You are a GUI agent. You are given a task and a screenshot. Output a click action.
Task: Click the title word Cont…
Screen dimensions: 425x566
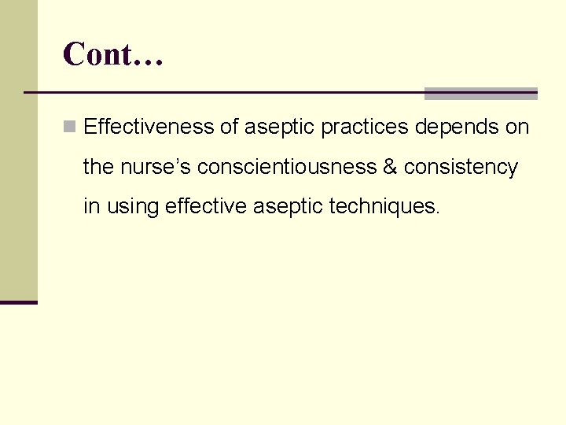pyautogui.click(x=112, y=55)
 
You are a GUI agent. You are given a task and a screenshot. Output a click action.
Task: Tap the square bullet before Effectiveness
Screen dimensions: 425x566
pyautogui.click(x=71, y=126)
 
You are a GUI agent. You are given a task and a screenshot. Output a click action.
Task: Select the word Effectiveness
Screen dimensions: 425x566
pyautogui.click(x=149, y=127)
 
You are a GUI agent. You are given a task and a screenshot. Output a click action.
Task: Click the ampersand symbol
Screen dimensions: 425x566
pyautogui.click(x=390, y=167)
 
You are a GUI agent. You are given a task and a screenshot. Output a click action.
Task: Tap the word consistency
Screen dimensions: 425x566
pyautogui.click(x=461, y=167)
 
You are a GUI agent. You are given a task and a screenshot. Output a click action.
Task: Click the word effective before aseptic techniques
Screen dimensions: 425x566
pyautogui.click(x=206, y=206)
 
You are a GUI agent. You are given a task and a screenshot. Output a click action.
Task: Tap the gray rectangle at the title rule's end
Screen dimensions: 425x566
pyautogui.click(x=480, y=94)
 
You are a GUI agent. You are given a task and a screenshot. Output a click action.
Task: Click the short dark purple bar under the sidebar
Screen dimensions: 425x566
pyautogui.click(x=19, y=302)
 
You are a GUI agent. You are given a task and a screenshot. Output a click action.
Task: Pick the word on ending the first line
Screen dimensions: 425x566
pyautogui.click(x=517, y=127)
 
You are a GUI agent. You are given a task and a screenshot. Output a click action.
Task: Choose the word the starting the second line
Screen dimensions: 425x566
pyautogui.click(x=99, y=167)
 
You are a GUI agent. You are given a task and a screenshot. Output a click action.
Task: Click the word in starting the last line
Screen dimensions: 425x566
pyautogui.click(x=91, y=206)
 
